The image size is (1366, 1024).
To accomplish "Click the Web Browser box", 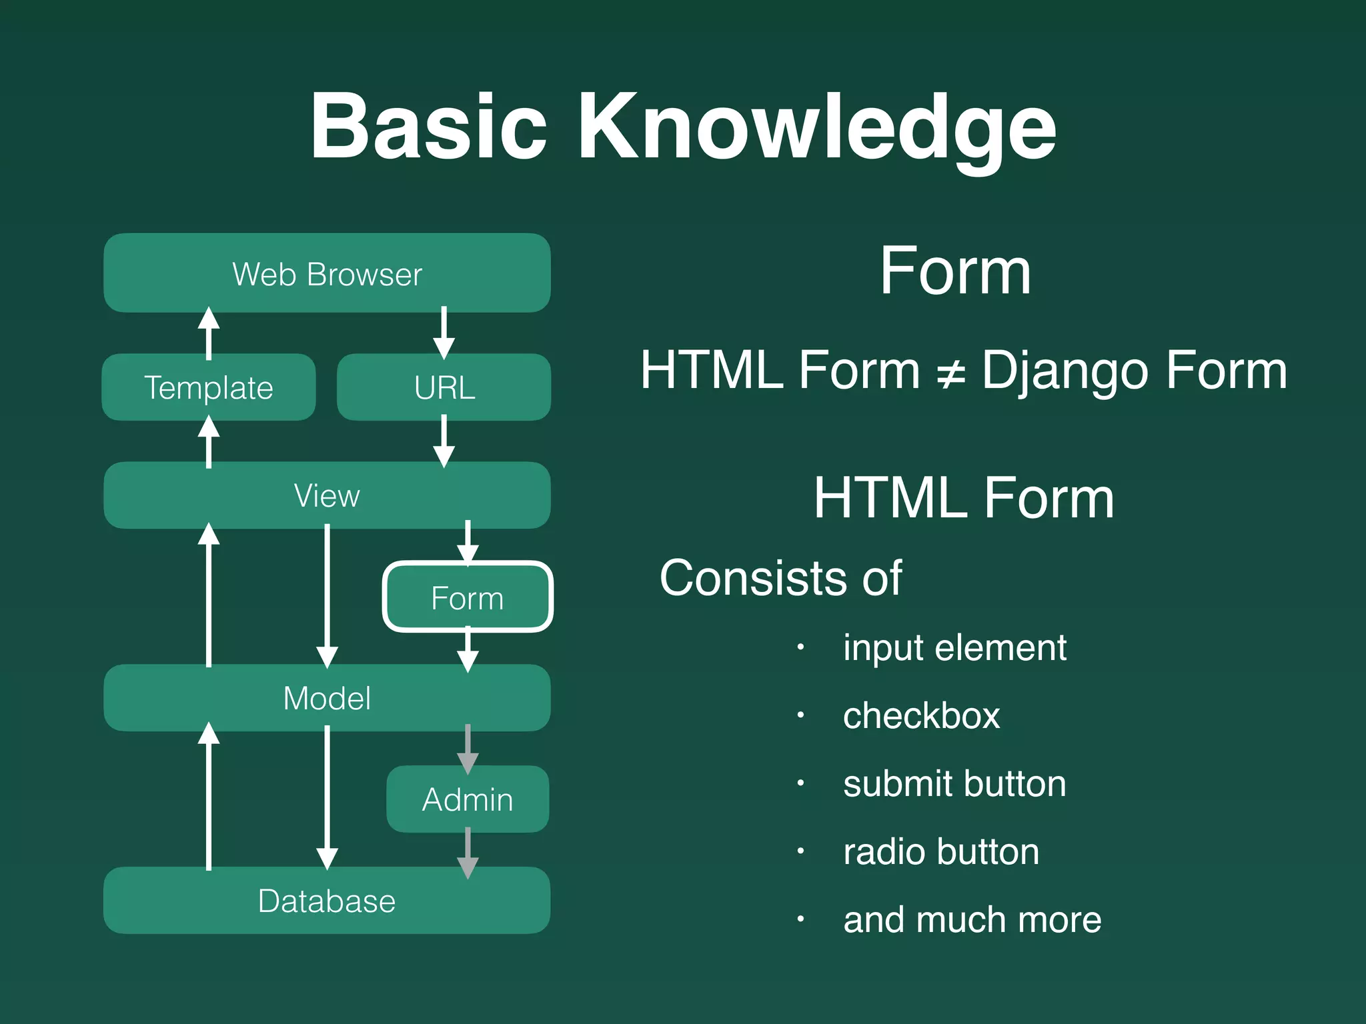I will (327, 273).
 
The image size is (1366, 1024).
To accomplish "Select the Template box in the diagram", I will (208, 387).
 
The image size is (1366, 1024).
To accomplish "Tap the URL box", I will (444, 387).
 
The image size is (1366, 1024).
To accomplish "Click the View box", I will (327, 495).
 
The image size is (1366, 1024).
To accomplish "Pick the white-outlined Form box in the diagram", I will (468, 597).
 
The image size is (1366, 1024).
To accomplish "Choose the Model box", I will (327, 698).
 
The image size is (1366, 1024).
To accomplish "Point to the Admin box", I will (468, 799).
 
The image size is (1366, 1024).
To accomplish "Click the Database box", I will (327, 901).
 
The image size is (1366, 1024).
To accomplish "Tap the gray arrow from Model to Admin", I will (468, 749).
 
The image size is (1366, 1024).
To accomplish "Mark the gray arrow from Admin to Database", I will (468, 852).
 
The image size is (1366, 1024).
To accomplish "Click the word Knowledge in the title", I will (816, 127).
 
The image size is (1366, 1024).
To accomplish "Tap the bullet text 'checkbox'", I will (921, 716).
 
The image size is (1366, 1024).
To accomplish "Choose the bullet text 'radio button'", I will (941, 852).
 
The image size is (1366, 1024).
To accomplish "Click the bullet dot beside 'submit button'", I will (800, 784).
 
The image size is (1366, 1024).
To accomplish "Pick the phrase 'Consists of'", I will (780, 578).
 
